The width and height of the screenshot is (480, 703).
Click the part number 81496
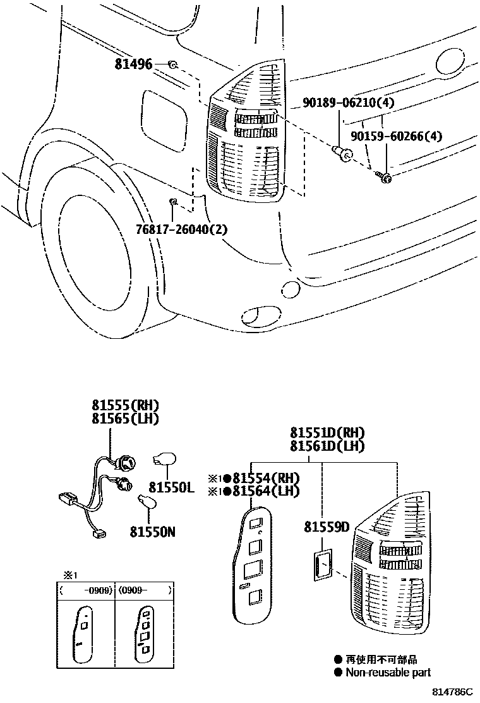tap(133, 64)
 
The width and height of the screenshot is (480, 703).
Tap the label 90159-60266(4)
tap(396, 136)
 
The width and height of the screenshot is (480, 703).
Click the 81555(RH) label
tap(125, 405)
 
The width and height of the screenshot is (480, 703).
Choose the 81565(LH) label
tap(125, 419)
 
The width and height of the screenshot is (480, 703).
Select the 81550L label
tap(171, 487)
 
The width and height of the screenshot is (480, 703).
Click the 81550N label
tap(152, 532)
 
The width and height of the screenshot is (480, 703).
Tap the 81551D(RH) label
tap(327, 433)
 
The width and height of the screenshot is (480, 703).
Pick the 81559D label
tap(327, 527)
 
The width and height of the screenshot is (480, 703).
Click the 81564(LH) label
tap(265, 491)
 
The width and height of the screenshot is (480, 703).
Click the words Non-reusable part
tap(388, 673)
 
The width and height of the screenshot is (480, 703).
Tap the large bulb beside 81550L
tap(168, 459)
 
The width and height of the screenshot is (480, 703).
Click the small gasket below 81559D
tap(322, 565)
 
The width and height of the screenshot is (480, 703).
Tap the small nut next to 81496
tap(172, 64)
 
